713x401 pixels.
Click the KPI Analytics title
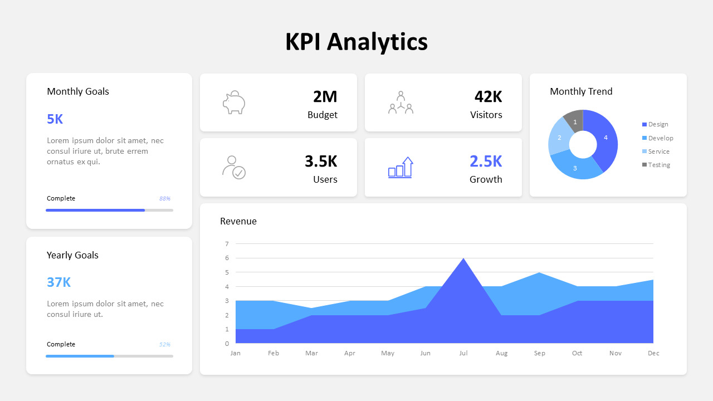[x=356, y=42]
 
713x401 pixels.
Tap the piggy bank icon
[x=234, y=102]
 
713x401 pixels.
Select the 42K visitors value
[x=488, y=97]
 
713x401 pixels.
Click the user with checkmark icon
[x=234, y=167]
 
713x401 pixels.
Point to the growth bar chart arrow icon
[x=401, y=167]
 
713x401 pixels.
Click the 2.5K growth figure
[x=486, y=162]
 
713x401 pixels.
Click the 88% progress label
[x=165, y=198]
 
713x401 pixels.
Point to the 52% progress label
[x=165, y=344]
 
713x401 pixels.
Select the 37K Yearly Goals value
[x=58, y=282]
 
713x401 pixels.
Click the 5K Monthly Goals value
[x=55, y=119]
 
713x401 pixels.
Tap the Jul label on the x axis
[x=463, y=353]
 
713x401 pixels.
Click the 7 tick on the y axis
[x=227, y=244]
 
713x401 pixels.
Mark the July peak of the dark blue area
[x=463, y=260]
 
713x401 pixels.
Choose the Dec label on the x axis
[x=653, y=353]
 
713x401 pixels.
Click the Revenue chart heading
[x=238, y=221]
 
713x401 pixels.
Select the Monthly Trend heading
[x=581, y=91]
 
